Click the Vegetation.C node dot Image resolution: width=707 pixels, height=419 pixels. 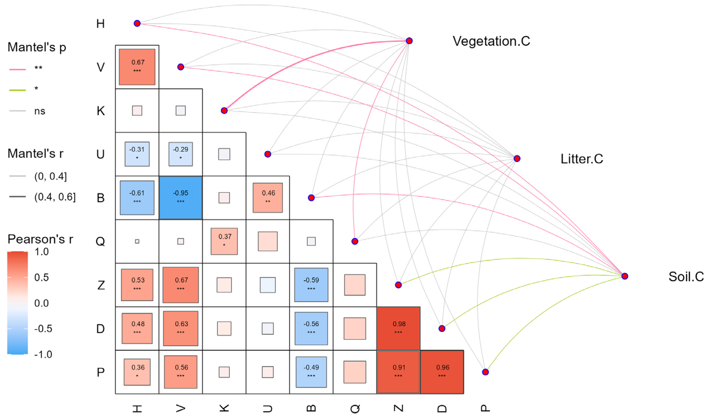pyautogui.click(x=409, y=41)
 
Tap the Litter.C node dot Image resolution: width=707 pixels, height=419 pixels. pyautogui.click(x=517, y=158)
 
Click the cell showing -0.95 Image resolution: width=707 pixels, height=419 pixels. pyautogui.click(x=181, y=198)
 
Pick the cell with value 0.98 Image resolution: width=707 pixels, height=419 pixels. pyautogui.click(x=398, y=328)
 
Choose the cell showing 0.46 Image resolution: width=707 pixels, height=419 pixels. pyautogui.click(x=268, y=198)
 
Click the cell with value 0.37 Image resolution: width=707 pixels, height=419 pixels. pyautogui.click(x=224, y=241)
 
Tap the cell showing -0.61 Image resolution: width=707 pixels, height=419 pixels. pyautogui.click(x=137, y=198)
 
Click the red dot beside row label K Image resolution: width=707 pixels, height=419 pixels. pyautogui.click(x=224, y=110)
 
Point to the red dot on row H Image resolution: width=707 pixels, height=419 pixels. pyautogui.click(x=137, y=23)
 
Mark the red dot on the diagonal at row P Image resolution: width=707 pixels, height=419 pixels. pyautogui.click(x=485, y=372)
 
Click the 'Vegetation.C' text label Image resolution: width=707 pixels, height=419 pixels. pyautogui.click(x=491, y=41)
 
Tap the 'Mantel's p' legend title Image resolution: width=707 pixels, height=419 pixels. pyautogui.click(x=37, y=47)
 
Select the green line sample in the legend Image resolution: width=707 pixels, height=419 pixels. pyautogui.click(x=17, y=90)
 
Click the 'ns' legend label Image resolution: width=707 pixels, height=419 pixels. pyautogui.click(x=40, y=111)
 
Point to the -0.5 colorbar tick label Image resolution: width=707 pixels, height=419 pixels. pyautogui.click(x=43, y=329)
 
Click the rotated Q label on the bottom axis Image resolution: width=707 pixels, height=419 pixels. pyautogui.click(x=355, y=408)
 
